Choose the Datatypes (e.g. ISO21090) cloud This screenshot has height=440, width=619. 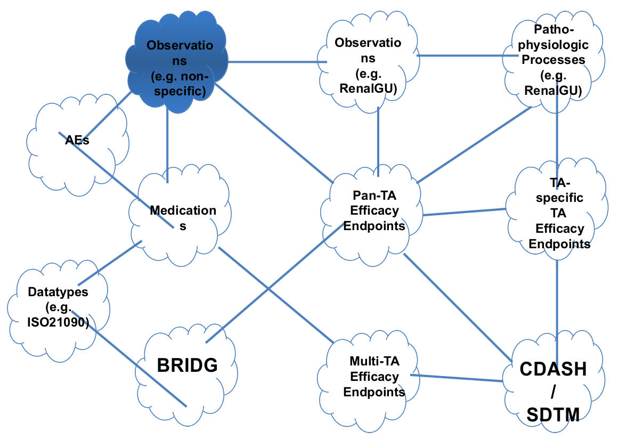pyautogui.click(x=59, y=307)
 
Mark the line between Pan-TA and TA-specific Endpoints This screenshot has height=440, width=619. pyautogui.click(x=463, y=212)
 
